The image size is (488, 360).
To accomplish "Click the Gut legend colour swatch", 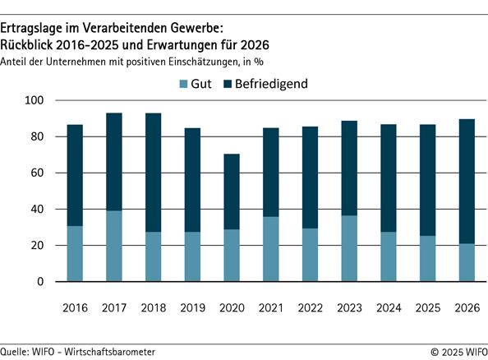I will (184, 84).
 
